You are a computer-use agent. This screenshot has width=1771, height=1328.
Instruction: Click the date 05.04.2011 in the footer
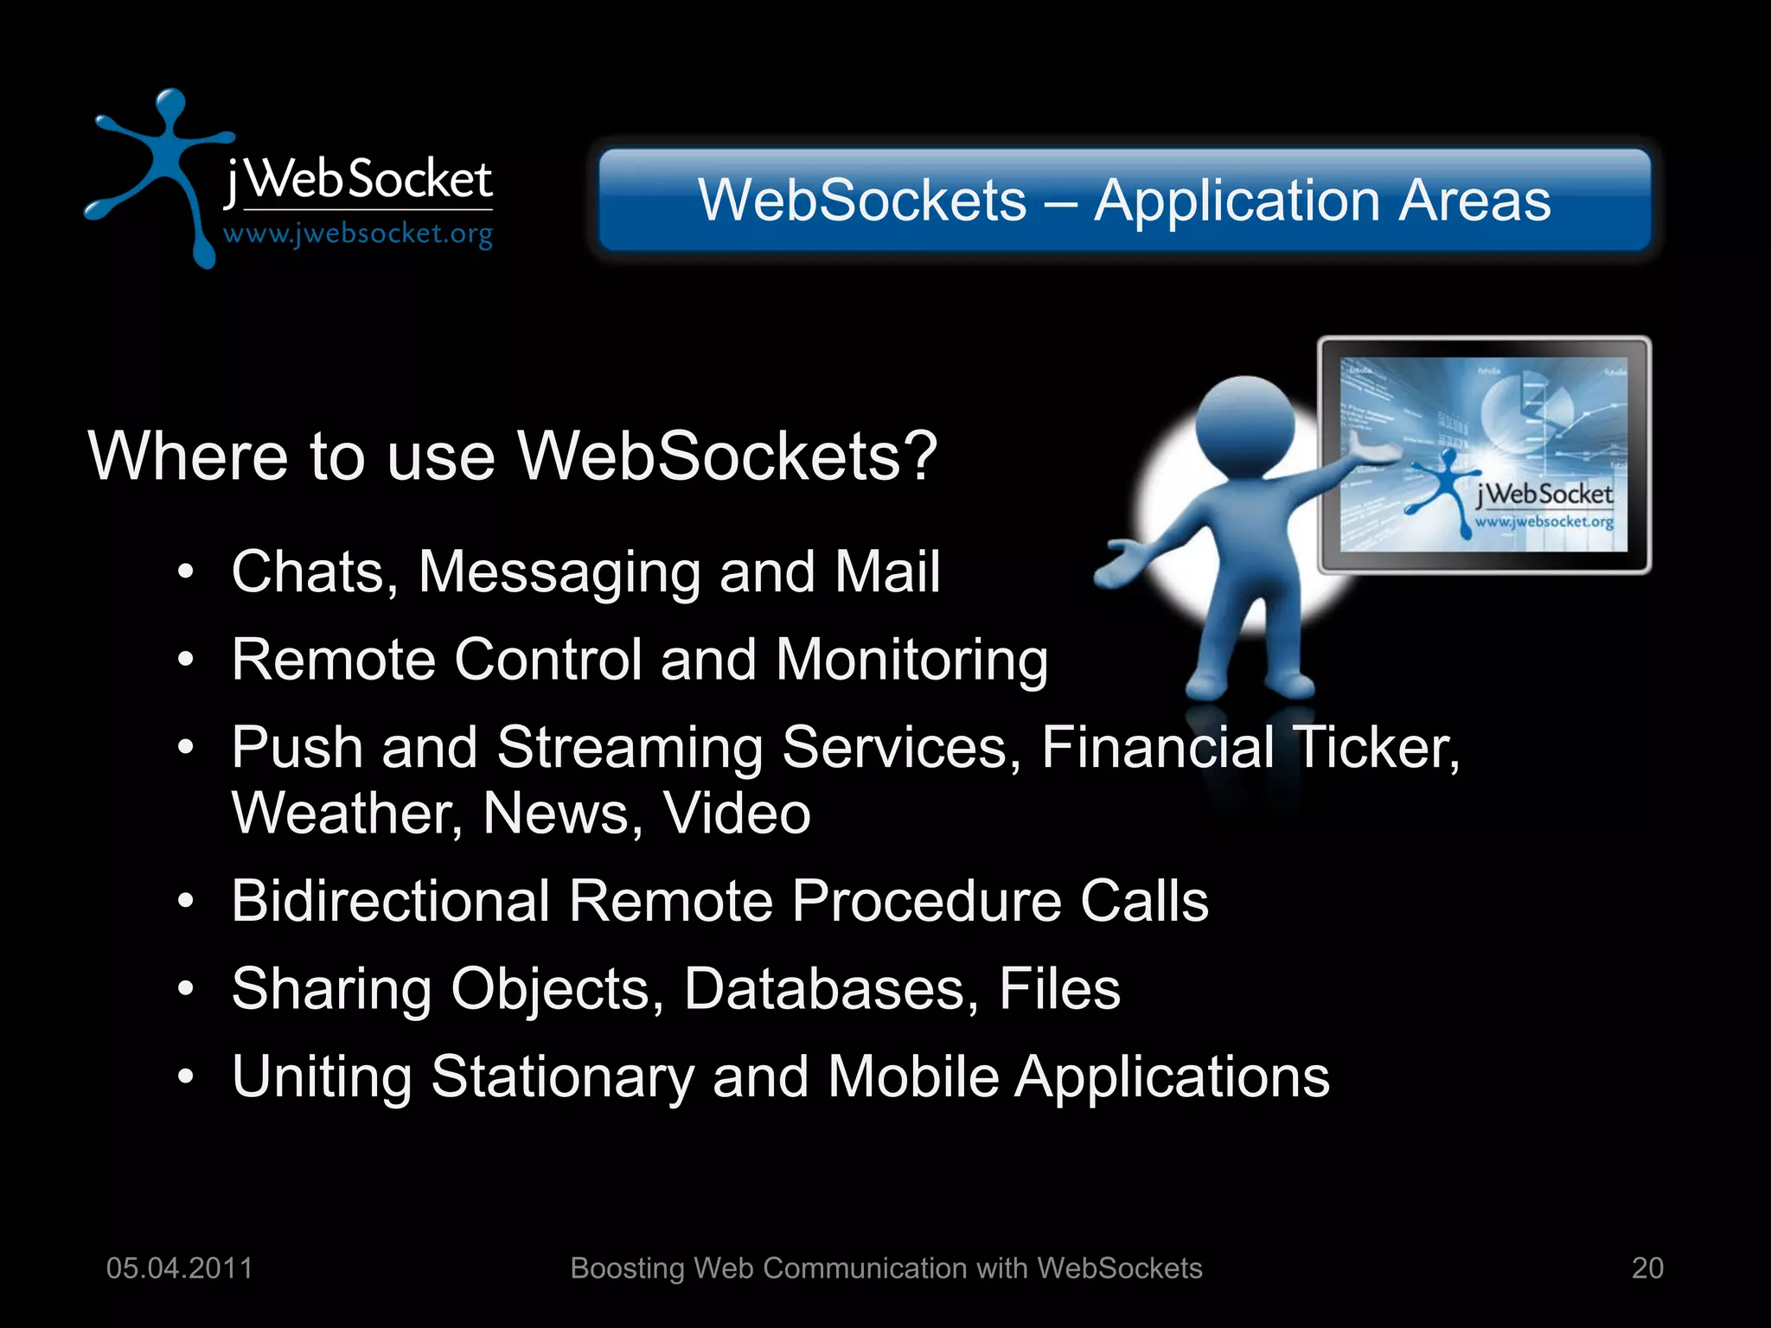tap(179, 1267)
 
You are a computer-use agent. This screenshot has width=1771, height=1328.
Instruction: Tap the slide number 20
tap(1646, 1267)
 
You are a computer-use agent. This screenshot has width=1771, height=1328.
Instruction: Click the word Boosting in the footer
tap(629, 1268)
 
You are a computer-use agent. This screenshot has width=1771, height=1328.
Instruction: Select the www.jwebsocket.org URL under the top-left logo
tap(358, 233)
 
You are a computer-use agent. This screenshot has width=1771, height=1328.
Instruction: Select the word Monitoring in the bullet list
tap(911, 661)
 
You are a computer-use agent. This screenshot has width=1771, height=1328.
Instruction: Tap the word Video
tap(737, 814)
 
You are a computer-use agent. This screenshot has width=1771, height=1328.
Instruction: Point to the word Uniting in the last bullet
tap(322, 1078)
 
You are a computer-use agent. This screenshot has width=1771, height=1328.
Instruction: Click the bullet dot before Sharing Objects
tap(185, 989)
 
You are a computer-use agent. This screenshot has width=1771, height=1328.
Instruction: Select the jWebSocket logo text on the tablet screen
tap(1544, 495)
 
